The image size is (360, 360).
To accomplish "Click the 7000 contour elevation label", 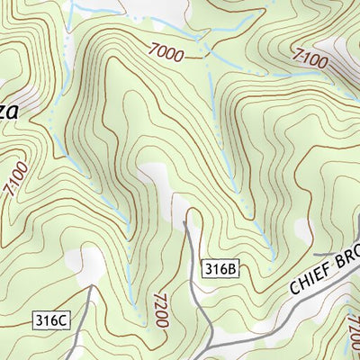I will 168,53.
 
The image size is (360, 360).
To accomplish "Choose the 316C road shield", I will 50,319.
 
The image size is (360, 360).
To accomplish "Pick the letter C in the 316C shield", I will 61,319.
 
